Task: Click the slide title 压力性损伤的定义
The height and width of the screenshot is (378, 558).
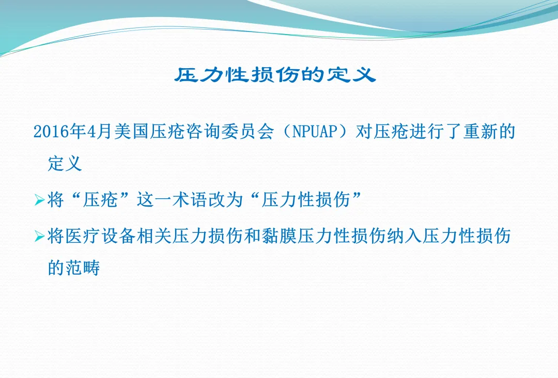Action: [275, 75]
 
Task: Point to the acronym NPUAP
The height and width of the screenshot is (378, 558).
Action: [314, 132]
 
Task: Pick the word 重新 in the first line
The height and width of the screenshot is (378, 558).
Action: [481, 132]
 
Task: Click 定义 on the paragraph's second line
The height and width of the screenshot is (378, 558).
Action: [65, 163]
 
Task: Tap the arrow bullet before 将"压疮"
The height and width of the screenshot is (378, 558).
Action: [39, 200]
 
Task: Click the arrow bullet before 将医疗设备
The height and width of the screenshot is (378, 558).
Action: [39, 236]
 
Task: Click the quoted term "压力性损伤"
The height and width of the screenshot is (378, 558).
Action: [306, 199]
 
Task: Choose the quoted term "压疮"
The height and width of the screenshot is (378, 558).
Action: [100, 199]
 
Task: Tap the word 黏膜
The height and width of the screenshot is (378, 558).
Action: [280, 236]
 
